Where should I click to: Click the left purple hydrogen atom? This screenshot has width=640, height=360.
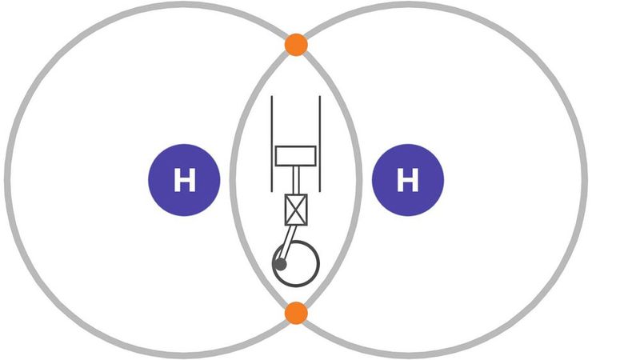pos(184,179)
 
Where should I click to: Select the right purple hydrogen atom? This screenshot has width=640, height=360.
pos(408,179)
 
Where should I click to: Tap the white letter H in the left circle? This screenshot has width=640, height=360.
pos(185,180)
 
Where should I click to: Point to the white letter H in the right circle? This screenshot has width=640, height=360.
pos(408,180)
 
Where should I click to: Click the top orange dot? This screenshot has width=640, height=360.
pos(296,45)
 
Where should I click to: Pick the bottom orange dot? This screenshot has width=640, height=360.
pos(296,313)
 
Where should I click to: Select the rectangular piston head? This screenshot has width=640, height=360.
pos(296,156)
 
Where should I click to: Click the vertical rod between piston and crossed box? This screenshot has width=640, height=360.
pos(296,180)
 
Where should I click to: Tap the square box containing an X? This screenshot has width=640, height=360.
pos(296,210)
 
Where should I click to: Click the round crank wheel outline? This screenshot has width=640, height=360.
pos(296,264)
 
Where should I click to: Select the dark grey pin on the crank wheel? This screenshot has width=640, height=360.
pos(281,265)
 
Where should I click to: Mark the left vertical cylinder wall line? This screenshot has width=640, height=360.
pos(272,144)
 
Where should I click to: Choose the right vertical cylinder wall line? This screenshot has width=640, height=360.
pos(320,144)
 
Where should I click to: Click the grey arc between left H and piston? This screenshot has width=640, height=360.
pos(233,179)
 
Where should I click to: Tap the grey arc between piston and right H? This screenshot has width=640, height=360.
pos(358,179)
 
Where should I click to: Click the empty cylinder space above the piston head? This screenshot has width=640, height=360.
pos(296,121)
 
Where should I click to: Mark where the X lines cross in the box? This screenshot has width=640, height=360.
pos(296,210)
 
